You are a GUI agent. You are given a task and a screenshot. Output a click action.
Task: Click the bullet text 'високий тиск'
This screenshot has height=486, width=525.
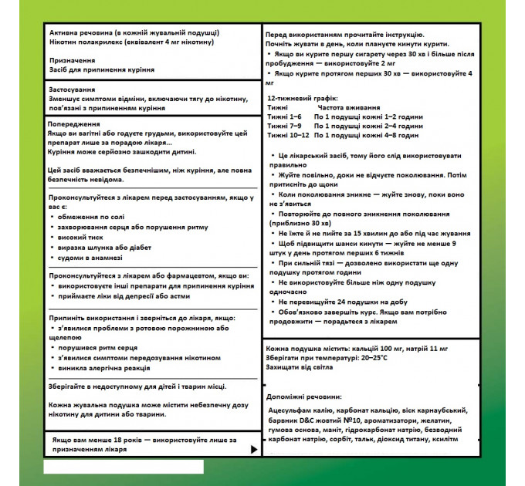83,238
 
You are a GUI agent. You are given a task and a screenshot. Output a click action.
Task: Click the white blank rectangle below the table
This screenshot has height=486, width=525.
124,466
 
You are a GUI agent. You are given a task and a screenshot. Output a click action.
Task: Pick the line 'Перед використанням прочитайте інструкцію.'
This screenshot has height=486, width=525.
344,35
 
